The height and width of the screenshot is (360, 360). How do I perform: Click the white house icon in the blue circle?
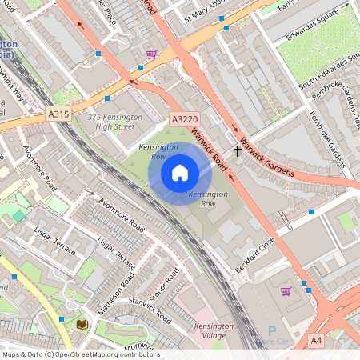point(180,172)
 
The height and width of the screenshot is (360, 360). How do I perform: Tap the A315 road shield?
point(58,114)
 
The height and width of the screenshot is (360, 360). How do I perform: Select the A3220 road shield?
point(184,119)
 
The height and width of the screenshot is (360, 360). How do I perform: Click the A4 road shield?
point(316,341)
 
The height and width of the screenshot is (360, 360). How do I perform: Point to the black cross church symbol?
point(237,150)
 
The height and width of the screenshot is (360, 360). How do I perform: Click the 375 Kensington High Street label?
point(115,122)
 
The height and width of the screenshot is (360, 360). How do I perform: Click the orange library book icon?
point(82,324)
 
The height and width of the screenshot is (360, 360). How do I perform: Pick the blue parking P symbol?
point(271,331)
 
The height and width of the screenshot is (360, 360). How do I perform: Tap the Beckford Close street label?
point(255,253)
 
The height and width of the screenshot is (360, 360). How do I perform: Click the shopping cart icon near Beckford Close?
point(286,290)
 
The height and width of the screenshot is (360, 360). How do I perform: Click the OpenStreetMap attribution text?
point(80,354)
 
